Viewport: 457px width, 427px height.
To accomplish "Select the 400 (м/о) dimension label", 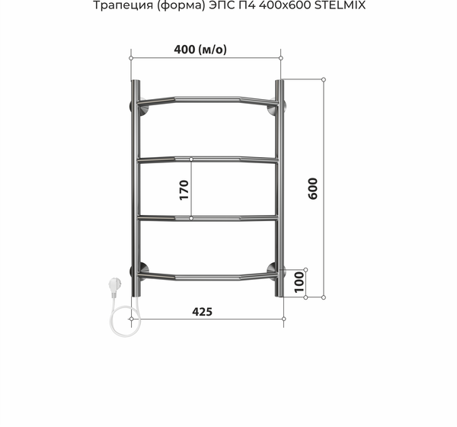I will [x=201, y=50].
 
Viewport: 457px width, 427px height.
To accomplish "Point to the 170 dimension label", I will [x=183, y=189].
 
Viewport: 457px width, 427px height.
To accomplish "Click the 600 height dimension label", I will [x=312, y=188].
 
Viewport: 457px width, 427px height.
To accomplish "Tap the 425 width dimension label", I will [x=202, y=311].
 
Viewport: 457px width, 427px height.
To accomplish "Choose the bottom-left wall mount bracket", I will [x=142, y=269].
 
